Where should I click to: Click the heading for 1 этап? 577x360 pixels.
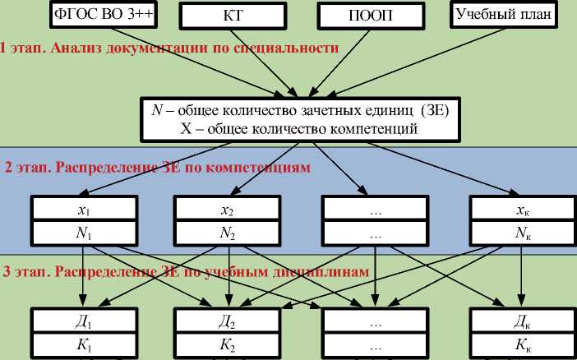tap(168, 48)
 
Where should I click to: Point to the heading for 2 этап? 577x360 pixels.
tap(156, 168)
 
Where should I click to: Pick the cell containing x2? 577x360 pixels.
tap(228, 209)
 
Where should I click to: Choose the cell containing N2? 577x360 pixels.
tap(228, 233)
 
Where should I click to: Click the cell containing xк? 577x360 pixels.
tap(519, 209)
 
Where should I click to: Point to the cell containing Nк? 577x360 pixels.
tap(519, 233)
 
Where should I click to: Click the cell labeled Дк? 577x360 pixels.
tap(519, 321)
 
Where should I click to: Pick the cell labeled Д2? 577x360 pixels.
tap(228, 321)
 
